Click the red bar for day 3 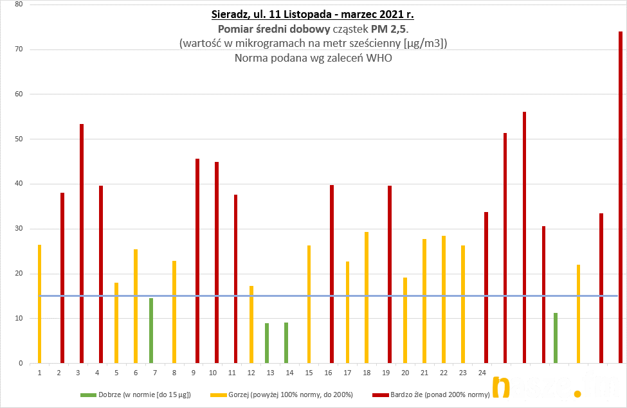click(82, 244)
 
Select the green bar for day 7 click(151, 331)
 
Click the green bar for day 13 click(266, 343)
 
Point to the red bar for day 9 click(197, 261)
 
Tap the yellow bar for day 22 click(444, 299)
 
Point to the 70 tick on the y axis click(18, 49)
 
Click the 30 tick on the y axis click(18, 229)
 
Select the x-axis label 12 click(251, 373)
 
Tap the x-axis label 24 click(482, 373)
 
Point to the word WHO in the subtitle click(379, 58)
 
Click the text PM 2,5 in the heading click(388, 29)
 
